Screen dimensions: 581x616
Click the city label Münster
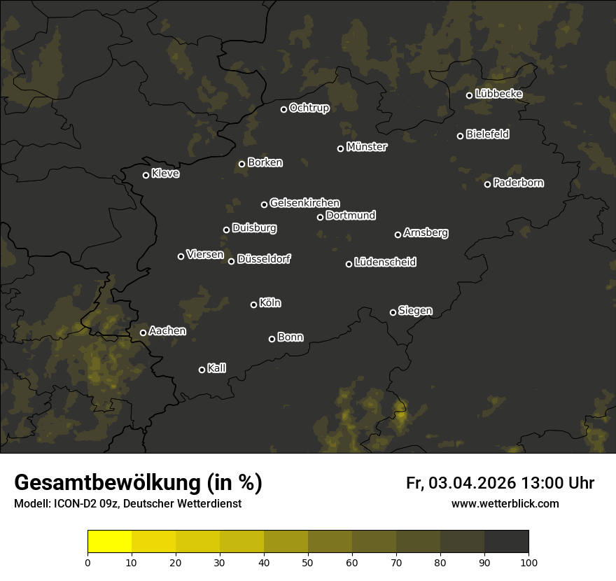point(366,147)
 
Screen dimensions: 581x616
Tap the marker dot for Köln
point(253,304)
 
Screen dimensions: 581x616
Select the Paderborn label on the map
point(518,183)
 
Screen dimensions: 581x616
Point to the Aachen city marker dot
point(143,332)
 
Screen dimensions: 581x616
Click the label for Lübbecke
point(498,94)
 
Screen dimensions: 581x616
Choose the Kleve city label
point(165,174)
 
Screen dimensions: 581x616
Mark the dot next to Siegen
point(393,312)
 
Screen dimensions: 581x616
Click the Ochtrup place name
point(309,108)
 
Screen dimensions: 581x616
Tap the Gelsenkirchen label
point(304,203)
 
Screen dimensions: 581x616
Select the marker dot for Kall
point(202,370)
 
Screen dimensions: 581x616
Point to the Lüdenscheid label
point(385,262)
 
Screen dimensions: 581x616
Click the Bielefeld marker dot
point(460,136)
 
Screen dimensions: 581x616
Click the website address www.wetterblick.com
point(505,503)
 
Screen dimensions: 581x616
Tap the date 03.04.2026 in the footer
point(472,483)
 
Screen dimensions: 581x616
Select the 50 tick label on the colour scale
point(308,561)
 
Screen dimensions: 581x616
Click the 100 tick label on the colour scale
point(528,561)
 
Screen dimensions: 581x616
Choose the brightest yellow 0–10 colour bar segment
point(110,542)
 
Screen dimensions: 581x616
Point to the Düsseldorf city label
point(264,259)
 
